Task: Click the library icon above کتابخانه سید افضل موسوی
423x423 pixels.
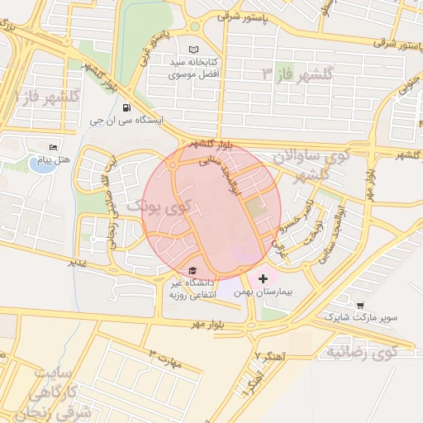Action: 194,50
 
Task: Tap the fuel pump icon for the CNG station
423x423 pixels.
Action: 126,107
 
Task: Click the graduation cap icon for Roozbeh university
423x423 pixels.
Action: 192,271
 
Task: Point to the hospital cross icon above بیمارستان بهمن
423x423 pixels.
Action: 264,279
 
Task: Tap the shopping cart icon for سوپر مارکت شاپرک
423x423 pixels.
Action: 360,304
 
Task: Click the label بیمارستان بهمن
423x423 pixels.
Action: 264,292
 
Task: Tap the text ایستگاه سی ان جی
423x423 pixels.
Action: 126,120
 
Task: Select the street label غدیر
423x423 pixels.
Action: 78,264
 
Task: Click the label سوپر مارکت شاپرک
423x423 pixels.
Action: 360,317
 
